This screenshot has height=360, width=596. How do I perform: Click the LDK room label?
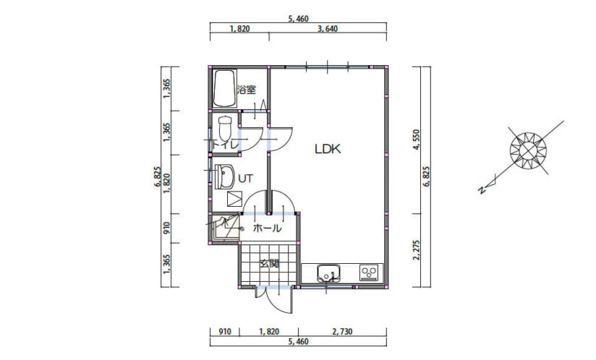coord(328,149)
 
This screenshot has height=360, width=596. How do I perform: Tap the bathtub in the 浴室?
coord(225,88)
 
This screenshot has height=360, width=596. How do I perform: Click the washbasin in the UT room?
coord(224,176)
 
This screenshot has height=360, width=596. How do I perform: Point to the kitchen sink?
coord(329,273)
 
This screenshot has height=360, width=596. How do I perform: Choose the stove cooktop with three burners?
coord(370,273)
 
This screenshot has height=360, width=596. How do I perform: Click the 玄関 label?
coord(270,263)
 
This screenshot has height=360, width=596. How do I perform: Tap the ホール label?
coord(267,228)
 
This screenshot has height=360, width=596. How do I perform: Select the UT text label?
coord(245,178)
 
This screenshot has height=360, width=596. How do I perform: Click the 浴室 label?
coord(247,90)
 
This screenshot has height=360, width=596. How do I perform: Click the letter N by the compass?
coord(482,190)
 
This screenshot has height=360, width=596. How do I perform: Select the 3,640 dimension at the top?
coord(328,29)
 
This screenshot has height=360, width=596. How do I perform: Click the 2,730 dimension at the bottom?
coord(342,332)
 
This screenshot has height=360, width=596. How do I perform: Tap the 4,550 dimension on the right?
coord(416,140)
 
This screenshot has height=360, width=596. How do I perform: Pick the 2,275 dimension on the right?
coord(416,250)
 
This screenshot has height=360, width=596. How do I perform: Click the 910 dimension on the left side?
coord(166,228)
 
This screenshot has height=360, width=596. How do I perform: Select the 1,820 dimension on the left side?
coord(166,184)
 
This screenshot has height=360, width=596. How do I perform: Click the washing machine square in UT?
coord(234,199)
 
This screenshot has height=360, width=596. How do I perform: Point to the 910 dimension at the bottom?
coord(225,332)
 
